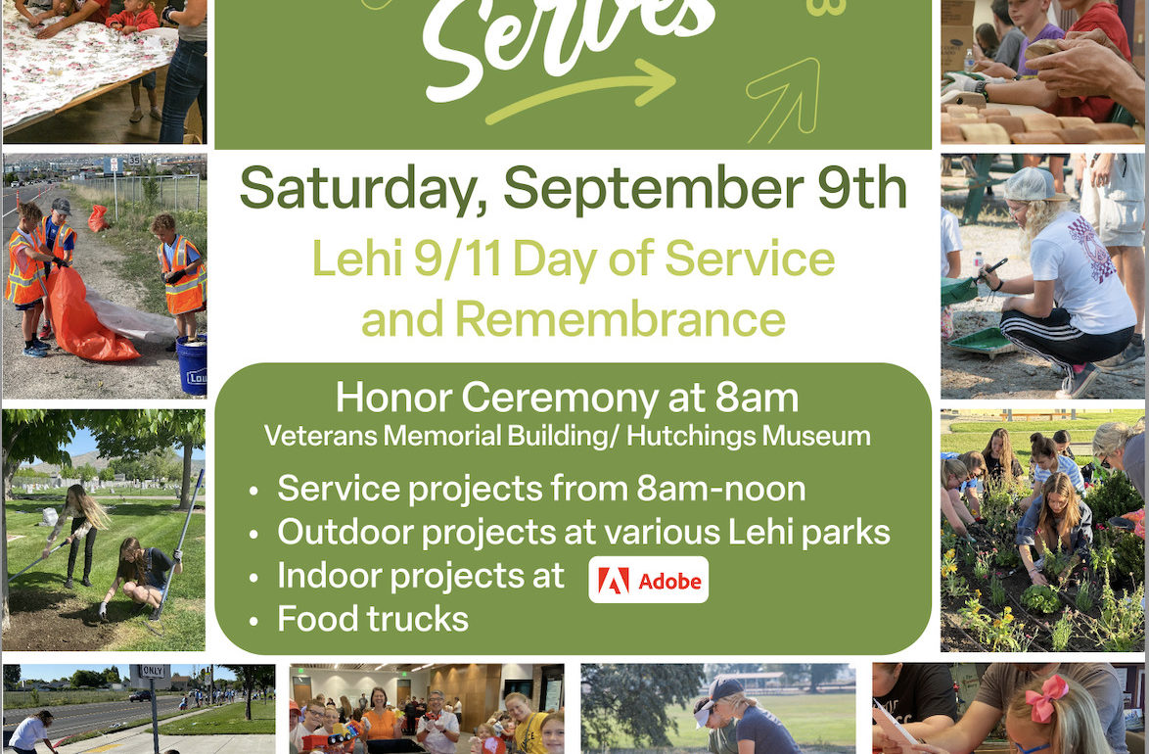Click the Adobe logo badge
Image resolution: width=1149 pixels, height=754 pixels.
tap(649, 580)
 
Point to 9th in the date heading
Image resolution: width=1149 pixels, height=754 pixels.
tap(861, 187)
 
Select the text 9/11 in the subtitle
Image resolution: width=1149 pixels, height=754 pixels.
tap(457, 259)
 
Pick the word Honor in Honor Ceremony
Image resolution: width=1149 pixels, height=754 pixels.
tap(392, 398)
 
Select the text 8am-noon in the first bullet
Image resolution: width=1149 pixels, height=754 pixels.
tap(721, 489)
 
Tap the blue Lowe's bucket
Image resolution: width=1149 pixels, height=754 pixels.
tap(192, 364)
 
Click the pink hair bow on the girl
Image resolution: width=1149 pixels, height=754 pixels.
tap(1045, 697)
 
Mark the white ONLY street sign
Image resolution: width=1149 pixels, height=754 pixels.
tap(153, 671)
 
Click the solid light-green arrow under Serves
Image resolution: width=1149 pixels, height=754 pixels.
tap(579, 90)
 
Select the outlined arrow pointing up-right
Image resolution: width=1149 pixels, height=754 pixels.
tap(783, 100)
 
